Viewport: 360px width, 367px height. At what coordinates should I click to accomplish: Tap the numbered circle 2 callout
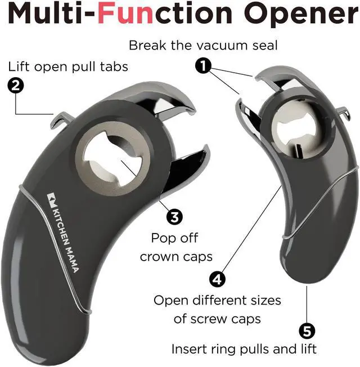tap(16, 86)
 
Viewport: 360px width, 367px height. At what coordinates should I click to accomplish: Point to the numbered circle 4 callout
tap(217, 278)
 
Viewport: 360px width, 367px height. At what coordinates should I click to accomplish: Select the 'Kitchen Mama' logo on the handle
tap(62, 231)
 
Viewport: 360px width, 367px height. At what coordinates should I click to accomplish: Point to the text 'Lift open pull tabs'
tap(68, 66)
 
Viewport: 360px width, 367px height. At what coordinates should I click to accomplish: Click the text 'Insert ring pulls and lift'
tap(244, 349)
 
